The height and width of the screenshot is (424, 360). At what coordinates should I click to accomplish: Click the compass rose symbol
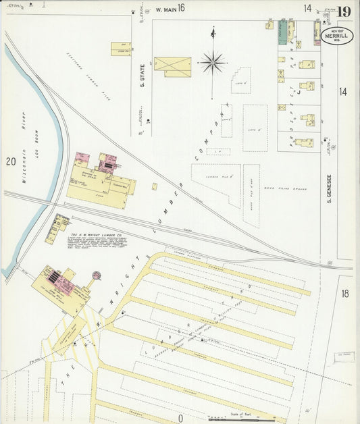pyautogui.click(x=213, y=63)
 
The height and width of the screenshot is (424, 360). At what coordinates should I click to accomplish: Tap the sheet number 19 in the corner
pyautogui.click(x=344, y=11)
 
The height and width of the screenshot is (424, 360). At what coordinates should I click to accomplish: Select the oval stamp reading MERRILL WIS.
pyautogui.click(x=340, y=36)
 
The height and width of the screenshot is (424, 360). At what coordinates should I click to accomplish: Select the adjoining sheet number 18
pyautogui.click(x=345, y=293)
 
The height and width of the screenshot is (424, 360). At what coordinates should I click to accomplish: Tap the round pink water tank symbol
pyautogui.click(x=96, y=275)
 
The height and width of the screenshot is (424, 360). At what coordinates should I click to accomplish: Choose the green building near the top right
pyautogui.click(x=282, y=32)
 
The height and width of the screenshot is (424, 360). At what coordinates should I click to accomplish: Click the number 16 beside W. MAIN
pyautogui.click(x=181, y=8)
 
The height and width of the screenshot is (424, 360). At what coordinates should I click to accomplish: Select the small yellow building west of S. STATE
pyautogui.click(x=121, y=48)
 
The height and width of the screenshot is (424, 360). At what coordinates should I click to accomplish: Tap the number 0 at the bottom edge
pyautogui.click(x=180, y=418)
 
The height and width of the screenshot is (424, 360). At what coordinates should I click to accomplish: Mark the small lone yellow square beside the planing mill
pyautogui.click(x=154, y=186)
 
